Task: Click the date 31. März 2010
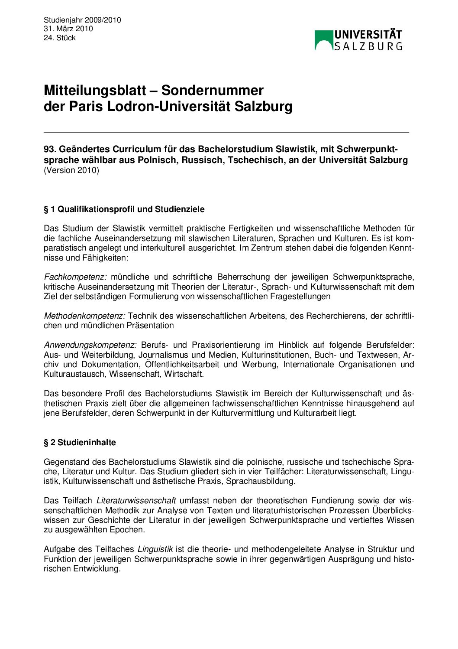point(68,29)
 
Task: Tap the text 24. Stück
point(60,38)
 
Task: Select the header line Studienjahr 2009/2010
point(82,20)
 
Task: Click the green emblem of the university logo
point(323,40)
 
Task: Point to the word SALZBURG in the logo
point(368,46)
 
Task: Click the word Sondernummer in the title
point(213,90)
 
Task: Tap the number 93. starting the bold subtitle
point(50,150)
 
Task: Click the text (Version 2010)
point(71,170)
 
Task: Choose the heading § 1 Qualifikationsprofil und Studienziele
point(124,209)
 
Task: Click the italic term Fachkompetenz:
point(75,277)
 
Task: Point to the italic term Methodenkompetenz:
point(84,316)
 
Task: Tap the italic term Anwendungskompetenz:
point(90,345)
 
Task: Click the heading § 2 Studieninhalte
point(80,443)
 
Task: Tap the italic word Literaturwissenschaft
point(136,501)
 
